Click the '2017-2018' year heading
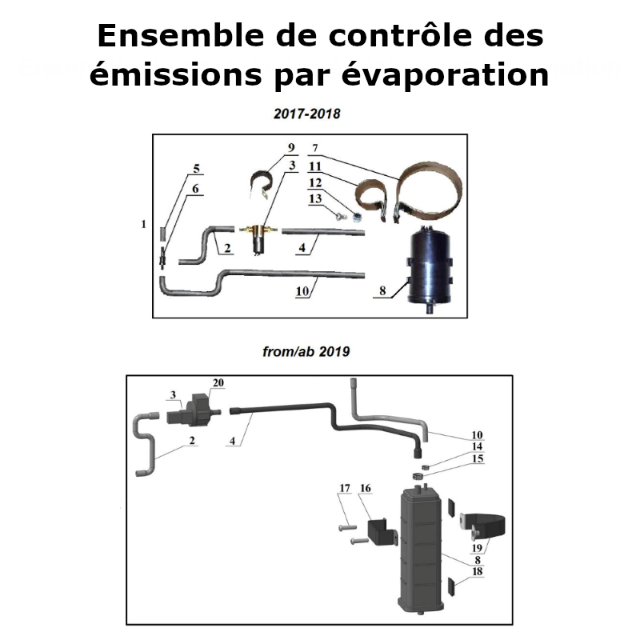307,114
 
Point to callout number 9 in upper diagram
290,148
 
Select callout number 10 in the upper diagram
302,292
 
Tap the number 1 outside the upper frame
143,225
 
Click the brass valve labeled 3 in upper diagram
259,237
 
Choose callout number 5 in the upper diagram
196,169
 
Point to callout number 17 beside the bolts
345,487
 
